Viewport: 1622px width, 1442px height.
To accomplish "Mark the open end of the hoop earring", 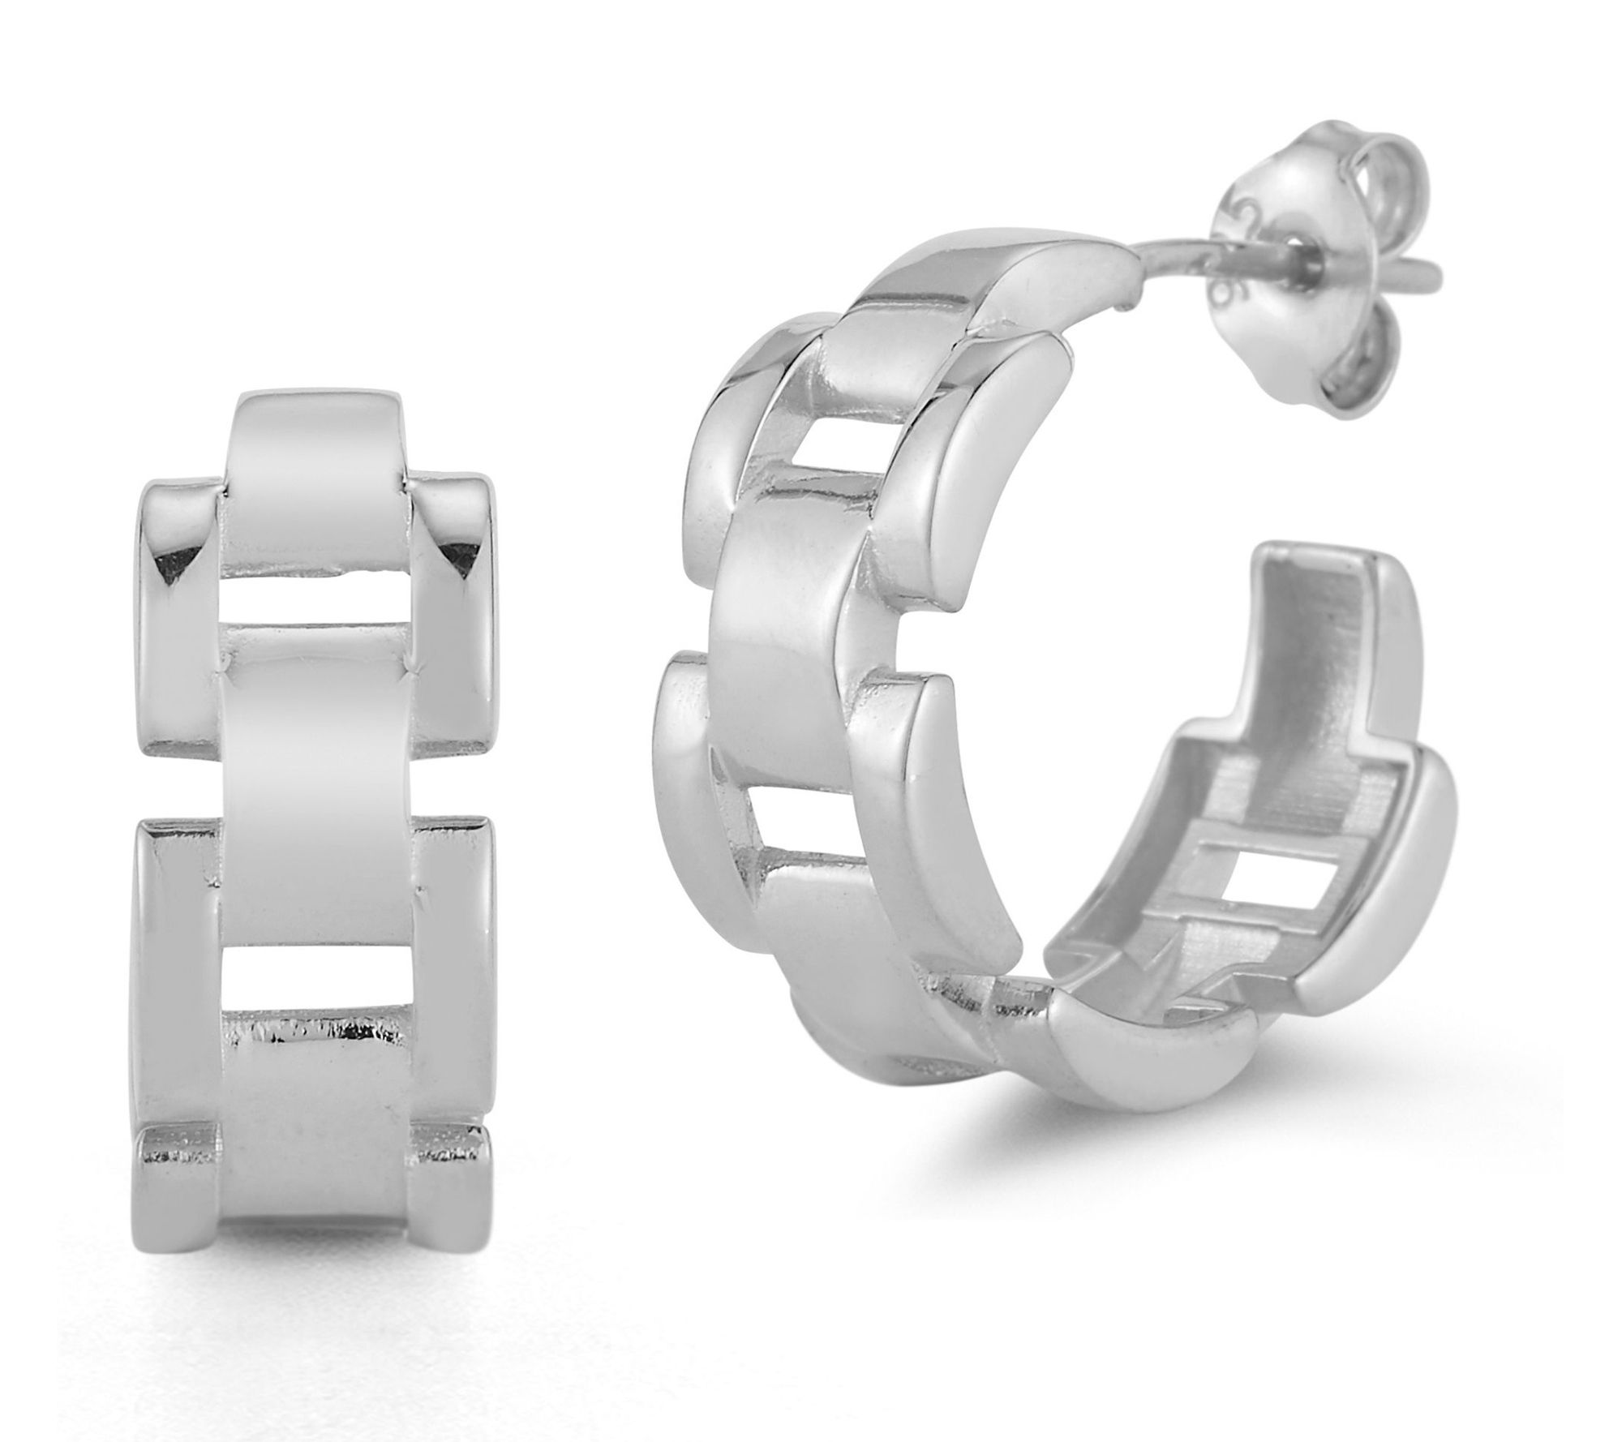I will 1330,568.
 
